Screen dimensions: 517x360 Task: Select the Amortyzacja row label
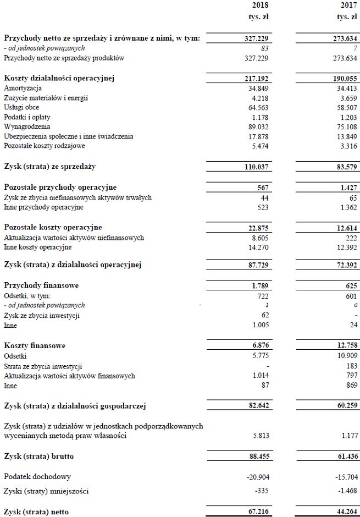click(x=23, y=88)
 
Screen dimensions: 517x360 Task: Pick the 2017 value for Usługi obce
click(x=346, y=107)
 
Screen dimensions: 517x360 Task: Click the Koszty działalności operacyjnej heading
click(x=59, y=78)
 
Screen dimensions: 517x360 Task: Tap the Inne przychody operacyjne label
click(x=43, y=207)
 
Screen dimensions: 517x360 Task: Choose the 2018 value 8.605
click(x=259, y=238)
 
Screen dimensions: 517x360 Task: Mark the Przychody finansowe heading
click(x=41, y=285)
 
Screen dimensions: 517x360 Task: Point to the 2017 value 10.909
click(x=346, y=356)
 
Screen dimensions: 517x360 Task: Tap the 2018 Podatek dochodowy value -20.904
click(x=256, y=476)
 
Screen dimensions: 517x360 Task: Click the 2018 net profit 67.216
click(x=257, y=512)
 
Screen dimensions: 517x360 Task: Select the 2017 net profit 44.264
click(x=345, y=512)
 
